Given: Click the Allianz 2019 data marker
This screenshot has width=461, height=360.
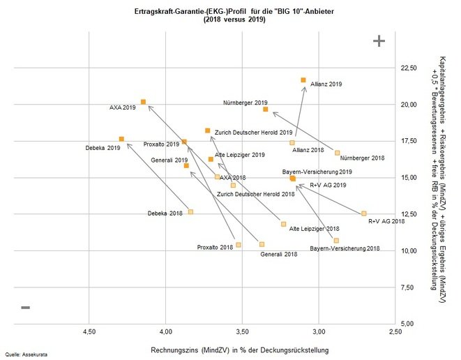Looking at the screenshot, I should click(x=303, y=80).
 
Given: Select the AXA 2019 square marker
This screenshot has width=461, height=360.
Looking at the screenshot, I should click(x=143, y=102).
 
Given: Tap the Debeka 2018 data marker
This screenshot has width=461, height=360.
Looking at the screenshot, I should click(x=190, y=211).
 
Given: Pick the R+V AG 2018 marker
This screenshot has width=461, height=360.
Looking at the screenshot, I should click(x=363, y=213).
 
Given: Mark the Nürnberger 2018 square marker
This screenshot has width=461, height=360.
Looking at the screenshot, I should click(x=337, y=153).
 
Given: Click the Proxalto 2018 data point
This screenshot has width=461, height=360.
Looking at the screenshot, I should click(x=239, y=245).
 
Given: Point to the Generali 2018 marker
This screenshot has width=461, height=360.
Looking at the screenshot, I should click(x=262, y=244).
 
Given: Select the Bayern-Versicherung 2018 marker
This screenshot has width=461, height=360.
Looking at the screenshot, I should click(x=336, y=240).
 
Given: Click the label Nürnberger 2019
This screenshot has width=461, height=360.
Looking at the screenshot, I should click(x=245, y=103).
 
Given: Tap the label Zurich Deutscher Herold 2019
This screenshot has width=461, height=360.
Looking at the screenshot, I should click(x=243, y=132).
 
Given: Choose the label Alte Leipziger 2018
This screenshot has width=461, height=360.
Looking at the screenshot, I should click(x=314, y=228).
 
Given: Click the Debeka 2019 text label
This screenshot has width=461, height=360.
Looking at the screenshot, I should click(x=103, y=148).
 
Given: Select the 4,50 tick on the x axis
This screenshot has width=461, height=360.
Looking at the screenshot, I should click(x=89, y=333).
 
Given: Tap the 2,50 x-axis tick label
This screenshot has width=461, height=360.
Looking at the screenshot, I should click(x=395, y=333).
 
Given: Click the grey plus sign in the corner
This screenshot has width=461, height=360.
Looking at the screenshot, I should click(x=379, y=41).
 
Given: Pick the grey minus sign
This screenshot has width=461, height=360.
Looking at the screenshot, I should click(x=26, y=307).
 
